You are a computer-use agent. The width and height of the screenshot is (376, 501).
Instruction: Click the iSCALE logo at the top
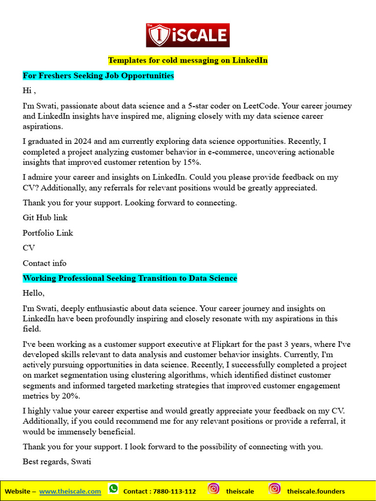[x=188, y=35]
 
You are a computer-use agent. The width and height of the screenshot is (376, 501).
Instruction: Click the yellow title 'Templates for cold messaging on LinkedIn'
[x=188, y=60]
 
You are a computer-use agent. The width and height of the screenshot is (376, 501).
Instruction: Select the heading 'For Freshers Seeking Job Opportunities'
[x=98, y=76]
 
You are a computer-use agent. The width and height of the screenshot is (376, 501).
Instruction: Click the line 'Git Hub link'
[x=45, y=217]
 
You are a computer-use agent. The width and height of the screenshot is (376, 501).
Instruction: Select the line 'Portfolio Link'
[x=47, y=233]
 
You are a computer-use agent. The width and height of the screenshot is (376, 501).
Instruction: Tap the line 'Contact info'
[x=45, y=263]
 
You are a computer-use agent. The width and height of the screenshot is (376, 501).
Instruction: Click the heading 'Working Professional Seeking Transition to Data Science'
[x=130, y=278]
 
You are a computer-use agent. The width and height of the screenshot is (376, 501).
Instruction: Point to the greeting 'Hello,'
[x=33, y=293]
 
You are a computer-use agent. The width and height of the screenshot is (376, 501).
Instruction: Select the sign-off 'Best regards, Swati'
[x=57, y=461]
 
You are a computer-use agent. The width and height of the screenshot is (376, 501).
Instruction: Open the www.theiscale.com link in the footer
[x=70, y=491]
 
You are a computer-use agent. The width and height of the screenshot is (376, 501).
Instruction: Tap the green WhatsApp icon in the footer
[x=114, y=489]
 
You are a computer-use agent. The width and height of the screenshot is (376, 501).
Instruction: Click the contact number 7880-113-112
[x=174, y=491]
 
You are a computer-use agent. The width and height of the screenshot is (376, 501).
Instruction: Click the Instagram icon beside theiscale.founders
[x=275, y=489]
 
